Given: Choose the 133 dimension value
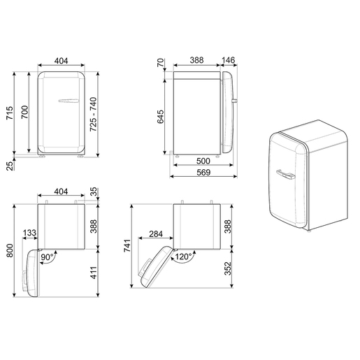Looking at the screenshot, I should tap(30, 233).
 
